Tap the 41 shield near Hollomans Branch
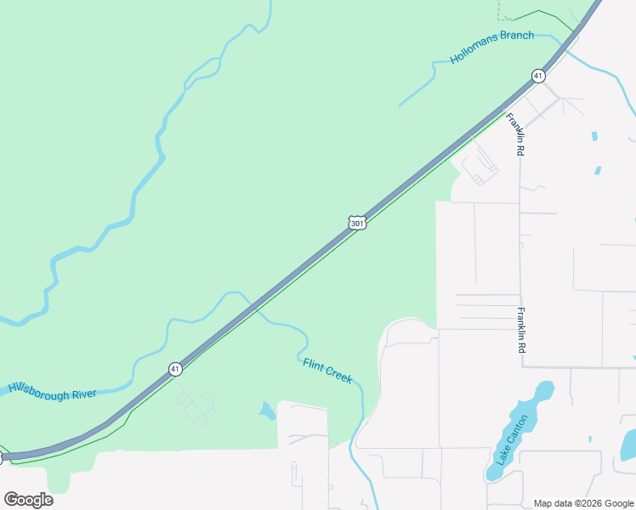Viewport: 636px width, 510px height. pos(538,76)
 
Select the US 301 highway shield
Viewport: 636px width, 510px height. pos(357,222)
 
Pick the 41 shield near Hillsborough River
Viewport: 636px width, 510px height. pos(174,369)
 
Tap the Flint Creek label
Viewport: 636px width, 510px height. pos(327,371)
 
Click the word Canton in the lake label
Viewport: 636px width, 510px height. pos(514,432)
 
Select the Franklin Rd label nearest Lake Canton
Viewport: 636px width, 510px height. pos(521,331)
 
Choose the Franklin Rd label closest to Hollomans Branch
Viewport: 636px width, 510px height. pos(515,133)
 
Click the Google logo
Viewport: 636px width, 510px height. pos(28,500)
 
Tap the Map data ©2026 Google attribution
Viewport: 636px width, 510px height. pos(583,503)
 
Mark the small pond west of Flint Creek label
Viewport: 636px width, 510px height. pos(268,411)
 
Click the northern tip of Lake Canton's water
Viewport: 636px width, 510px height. pos(545,389)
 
